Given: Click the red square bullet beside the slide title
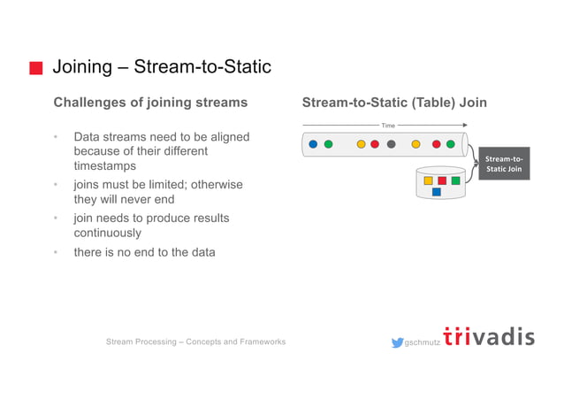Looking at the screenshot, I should (35, 68).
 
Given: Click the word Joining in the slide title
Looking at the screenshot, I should (81, 67).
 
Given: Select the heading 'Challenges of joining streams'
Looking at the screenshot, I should (150, 103).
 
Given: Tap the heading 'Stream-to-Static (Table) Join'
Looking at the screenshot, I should (394, 103).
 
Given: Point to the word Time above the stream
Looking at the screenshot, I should (388, 126).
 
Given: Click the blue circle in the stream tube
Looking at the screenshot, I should (313, 144).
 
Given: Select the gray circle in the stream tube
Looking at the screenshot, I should (391, 144).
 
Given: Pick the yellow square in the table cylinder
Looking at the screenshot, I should (428, 180).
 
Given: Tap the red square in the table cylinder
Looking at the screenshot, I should (442, 180).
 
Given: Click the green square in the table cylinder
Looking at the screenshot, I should (455, 180).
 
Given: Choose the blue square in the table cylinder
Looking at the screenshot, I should (436, 192).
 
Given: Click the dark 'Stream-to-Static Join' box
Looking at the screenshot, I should (503, 164).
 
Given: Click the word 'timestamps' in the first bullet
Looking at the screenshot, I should (105, 165).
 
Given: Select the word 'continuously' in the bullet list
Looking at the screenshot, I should (107, 233).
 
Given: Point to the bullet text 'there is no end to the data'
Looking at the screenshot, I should (143, 252).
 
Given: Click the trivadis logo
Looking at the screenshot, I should (488, 337).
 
